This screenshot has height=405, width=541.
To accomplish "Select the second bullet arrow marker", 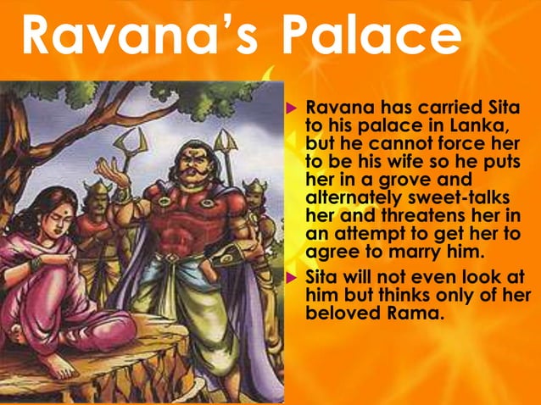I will tap(290, 278).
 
